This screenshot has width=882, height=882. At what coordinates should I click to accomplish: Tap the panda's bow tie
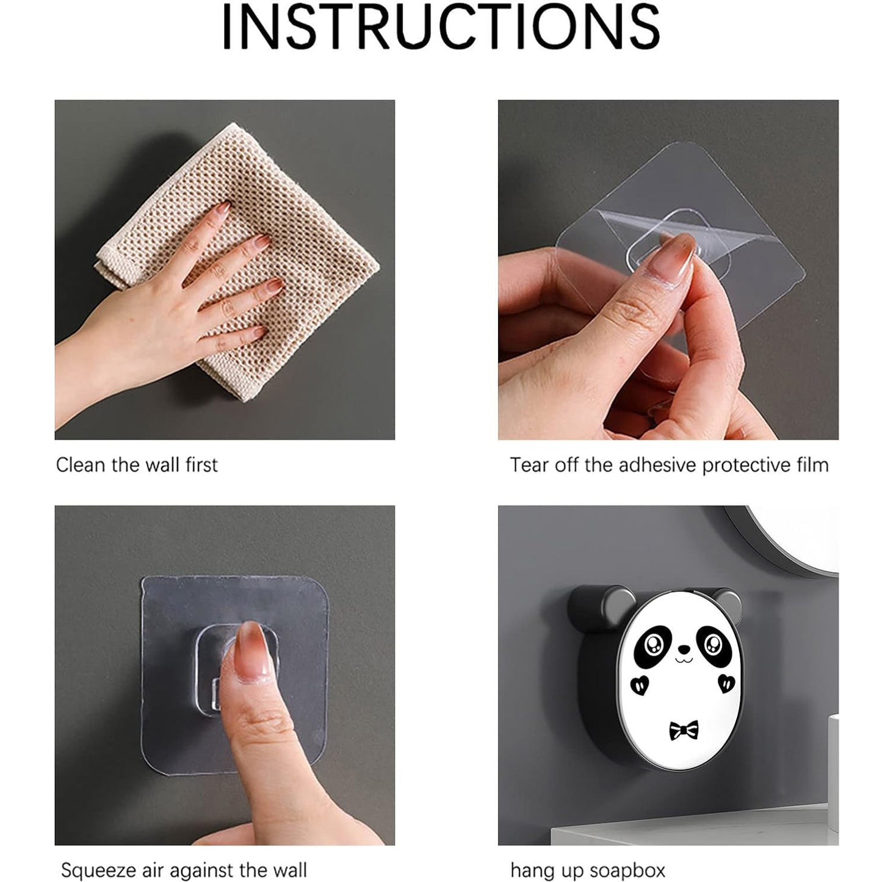point(683,730)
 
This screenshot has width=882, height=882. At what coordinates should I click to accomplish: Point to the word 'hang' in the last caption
point(531,869)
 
